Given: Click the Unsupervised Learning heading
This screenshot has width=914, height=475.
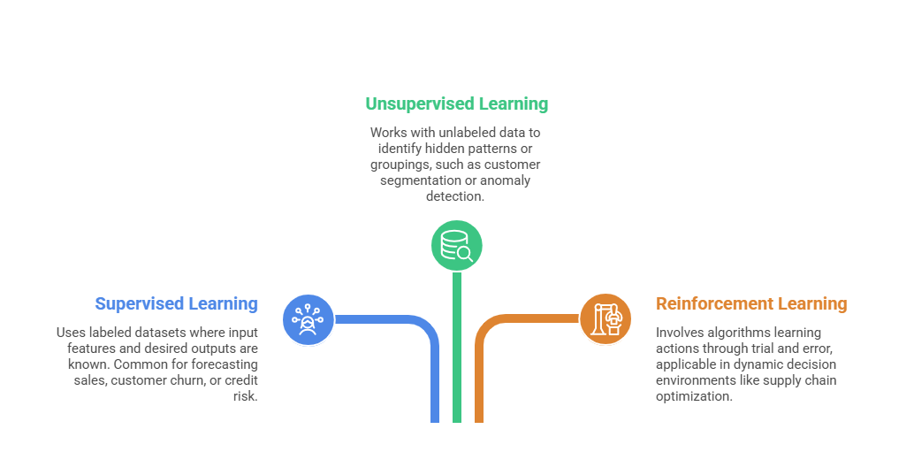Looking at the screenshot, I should pyautogui.click(x=456, y=103).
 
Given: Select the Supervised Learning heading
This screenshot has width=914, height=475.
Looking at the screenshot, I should pyautogui.click(x=176, y=303).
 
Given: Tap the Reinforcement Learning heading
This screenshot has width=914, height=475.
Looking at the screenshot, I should pyautogui.click(x=751, y=303).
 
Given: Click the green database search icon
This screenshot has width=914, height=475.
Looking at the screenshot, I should pyautogui.click(x=456, y=245).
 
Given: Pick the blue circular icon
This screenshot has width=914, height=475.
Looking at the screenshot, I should pyautogui.click(x=308, y=319).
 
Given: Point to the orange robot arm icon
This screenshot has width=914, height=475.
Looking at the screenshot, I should pyautogui.click(x=606, y=319).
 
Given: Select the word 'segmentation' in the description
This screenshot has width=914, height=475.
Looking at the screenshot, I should pyautogui.click(x=418, y=180).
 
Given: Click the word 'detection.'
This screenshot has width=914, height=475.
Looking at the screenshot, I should pyautogui.click(x=455, y=196).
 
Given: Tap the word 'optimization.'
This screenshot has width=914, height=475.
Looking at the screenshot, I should pyautogui.click(x=694, y=396).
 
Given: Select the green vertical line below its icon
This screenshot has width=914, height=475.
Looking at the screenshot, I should pyautogui.click(x=457, y=354).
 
